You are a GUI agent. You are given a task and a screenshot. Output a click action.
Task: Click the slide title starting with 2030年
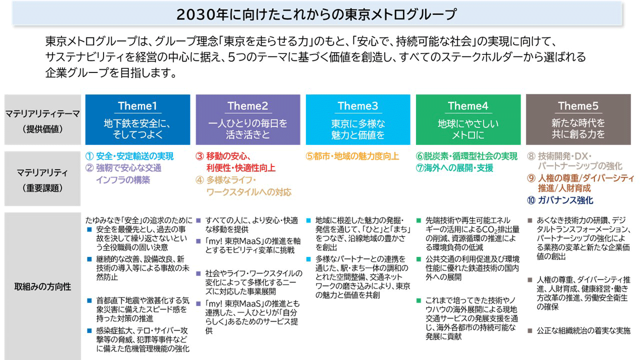tap(316, 14)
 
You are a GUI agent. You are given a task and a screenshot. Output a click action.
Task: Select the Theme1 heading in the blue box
tap(137, 106)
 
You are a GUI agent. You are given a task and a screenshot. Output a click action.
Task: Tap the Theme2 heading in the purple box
tap(247, 106)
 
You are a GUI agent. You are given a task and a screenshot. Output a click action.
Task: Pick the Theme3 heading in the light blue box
tap(357, 106)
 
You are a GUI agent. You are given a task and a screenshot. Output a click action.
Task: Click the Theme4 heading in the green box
tap(467, 106)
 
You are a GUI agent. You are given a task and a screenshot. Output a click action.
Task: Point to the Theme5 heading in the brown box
tap(578, 106)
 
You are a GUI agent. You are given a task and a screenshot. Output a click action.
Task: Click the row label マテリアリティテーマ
tap(42, 114)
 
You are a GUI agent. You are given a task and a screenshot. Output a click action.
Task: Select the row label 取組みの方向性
tap(42, 286)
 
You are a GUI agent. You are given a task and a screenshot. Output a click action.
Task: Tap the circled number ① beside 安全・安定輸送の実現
tap(89, 156)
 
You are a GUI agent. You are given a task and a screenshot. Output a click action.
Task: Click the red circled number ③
tap(199, 156)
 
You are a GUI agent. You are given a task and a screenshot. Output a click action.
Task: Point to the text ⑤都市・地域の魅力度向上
tap(352, 156)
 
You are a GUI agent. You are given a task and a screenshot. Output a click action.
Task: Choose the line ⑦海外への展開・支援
tap(454, 168)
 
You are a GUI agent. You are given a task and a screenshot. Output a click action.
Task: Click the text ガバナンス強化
tap(565, 200)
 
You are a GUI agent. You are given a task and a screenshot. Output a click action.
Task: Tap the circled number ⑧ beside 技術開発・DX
tap(531, 156)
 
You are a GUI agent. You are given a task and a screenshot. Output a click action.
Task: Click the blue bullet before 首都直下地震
tap(89, 300)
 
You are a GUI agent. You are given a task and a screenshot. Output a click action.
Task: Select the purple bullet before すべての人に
tap(198, 220)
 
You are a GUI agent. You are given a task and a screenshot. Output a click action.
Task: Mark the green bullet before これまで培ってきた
tap(419, 300)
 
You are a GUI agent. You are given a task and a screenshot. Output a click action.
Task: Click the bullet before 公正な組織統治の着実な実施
tap(530, 331)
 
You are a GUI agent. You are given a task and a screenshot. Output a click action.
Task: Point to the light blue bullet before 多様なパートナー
tap(308, 259)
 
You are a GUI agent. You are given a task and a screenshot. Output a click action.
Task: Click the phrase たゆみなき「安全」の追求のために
tap(139, 220)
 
